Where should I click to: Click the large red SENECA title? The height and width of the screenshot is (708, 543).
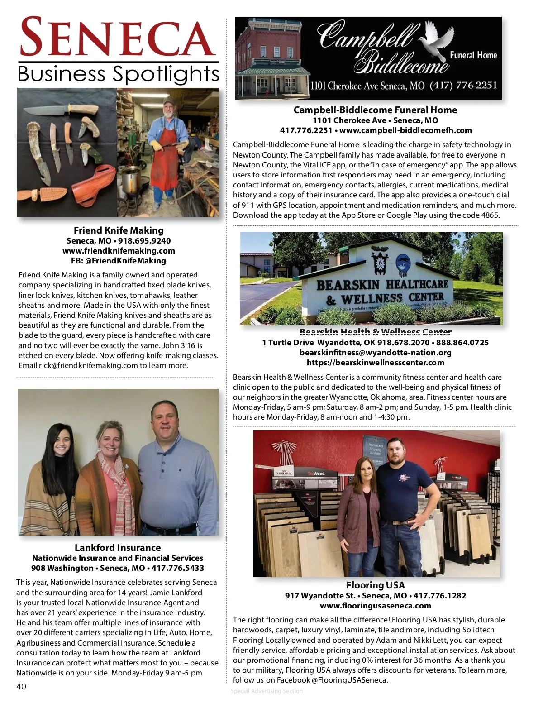pos(117,37)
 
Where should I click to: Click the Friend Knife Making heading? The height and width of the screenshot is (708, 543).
pos(119,230)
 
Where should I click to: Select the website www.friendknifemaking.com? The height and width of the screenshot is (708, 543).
pos(119,251)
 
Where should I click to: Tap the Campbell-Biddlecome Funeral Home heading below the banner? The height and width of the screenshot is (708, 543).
pos(375,110)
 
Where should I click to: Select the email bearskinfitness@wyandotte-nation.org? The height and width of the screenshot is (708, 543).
pos(375,353)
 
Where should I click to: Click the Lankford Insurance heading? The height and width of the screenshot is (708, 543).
pos(118,548)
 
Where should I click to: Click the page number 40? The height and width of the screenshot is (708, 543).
pos(21,686)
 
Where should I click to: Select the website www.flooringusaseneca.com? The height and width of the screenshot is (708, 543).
pos(375,606)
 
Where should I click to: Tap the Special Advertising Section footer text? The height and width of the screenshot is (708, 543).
pos(267,691)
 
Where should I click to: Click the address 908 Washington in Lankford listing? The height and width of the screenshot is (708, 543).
pos(62,568)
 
